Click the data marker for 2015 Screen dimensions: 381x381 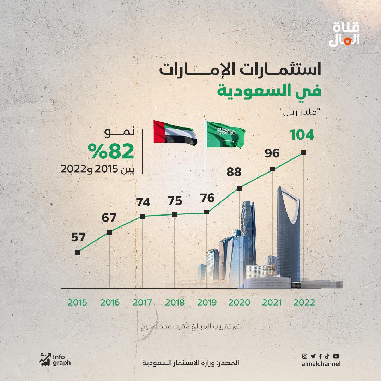pyautogui.click(x=77, y=252)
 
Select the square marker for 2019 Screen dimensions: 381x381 pyautogui.click(x=207, y=212)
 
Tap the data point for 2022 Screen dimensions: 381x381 pyautogui.click(x=304, y=153)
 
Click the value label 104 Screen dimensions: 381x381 pyautogui.click(x=302, y=135)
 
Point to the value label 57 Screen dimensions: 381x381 pyautogui.click(x=78, y=237)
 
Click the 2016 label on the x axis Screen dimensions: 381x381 pyautogui.click(x=110, y=302)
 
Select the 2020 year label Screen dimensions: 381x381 pyautogui.click(x=239, y=302)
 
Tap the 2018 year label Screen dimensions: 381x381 pyautogui.click(x=175, y=302)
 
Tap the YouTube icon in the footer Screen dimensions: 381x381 pyautogui.click(x=336, y=356)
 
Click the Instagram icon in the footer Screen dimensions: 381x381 pyautogui.click(x=305, y=356)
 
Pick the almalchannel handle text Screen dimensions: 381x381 pyautogui.click(x=321, y=364)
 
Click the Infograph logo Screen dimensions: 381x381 pyautogui.click(x=55, y=359)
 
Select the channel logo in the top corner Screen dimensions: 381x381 pyautogui.click(x=344, y=34)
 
